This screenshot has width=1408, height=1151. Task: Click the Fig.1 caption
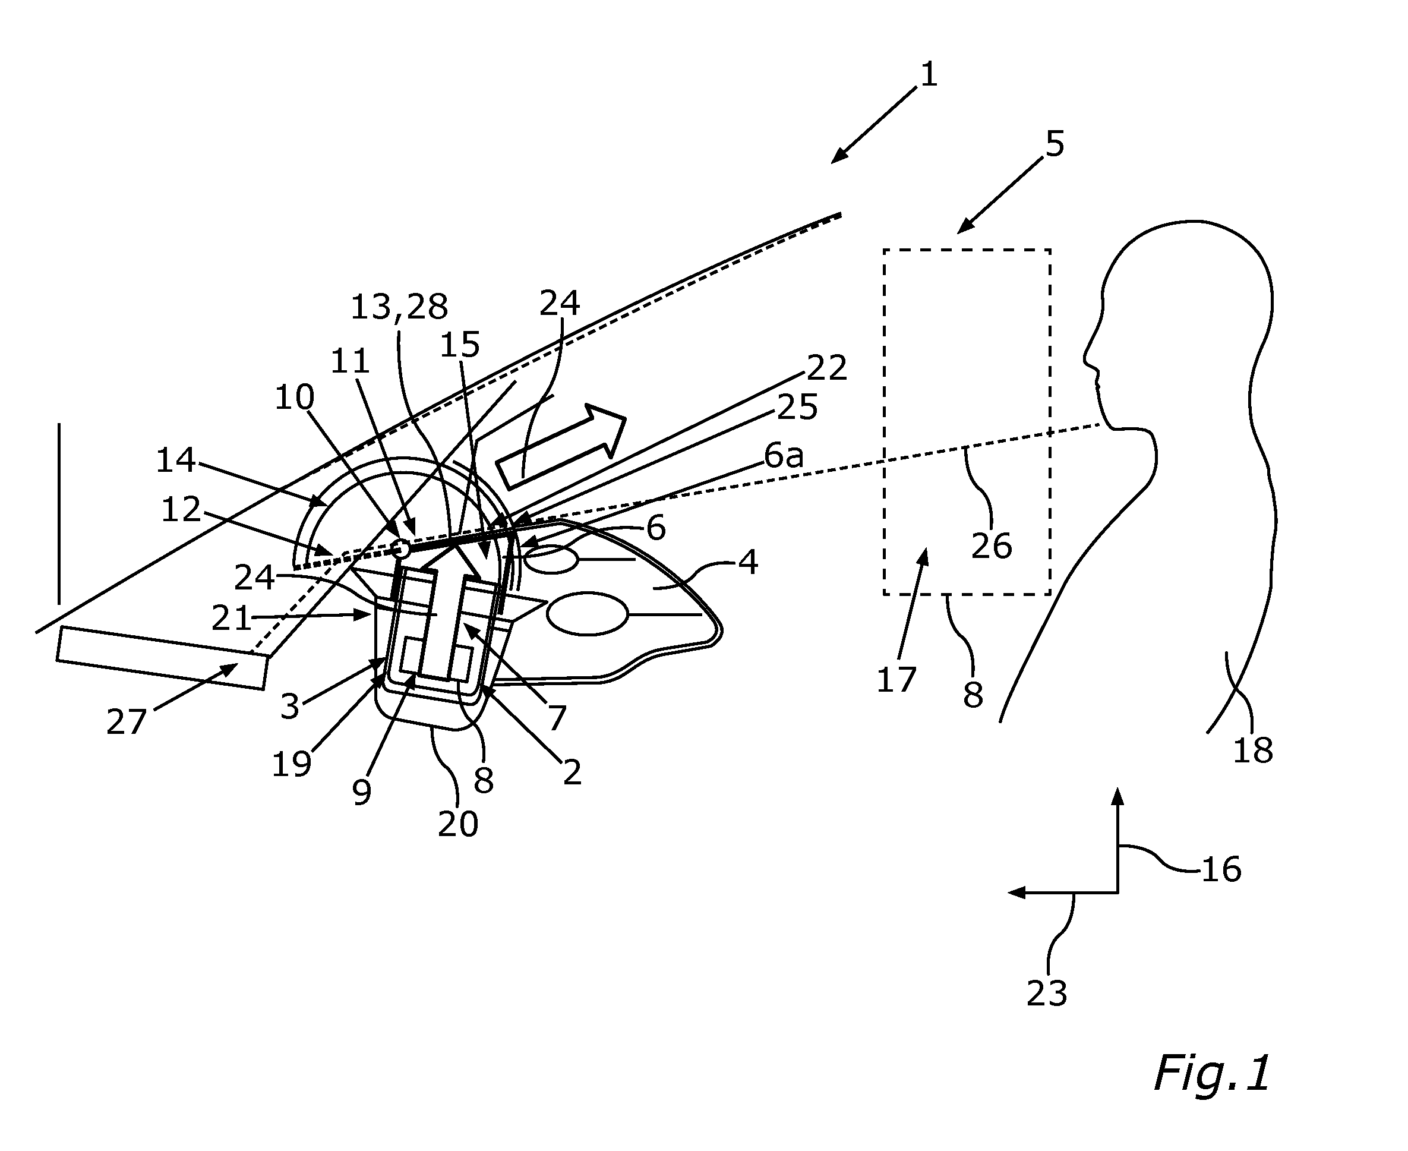click(x=1213, y=1073)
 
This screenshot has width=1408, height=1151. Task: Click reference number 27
click(x=126, y=721)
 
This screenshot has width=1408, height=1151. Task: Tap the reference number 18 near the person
click(x=1253, y=750)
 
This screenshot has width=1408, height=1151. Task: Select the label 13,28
click(x=399, y=307)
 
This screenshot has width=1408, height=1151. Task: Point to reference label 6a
click(x=784, y=456)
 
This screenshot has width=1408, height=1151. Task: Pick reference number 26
click(x=992, y=545)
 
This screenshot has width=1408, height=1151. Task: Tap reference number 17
click(x=896, y=680)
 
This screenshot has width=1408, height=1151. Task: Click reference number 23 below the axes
click(x=1047, y=993)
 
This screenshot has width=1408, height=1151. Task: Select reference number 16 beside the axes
click(x=1221, y=869)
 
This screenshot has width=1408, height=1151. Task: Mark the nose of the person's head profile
click(x=1087, y=361)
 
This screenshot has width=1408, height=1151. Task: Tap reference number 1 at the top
click(x=929, y=74)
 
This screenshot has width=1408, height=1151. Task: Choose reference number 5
click(x=1055, y=143)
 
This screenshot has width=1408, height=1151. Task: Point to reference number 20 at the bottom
click(x=458, y=824)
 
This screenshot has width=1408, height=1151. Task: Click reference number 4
click(x=749, y=562)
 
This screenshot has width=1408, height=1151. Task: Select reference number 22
click(x=826, y=367)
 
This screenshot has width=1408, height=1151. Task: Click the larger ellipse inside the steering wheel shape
click(x=588, y=614)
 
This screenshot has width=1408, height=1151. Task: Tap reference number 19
click(x=292, y=764)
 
